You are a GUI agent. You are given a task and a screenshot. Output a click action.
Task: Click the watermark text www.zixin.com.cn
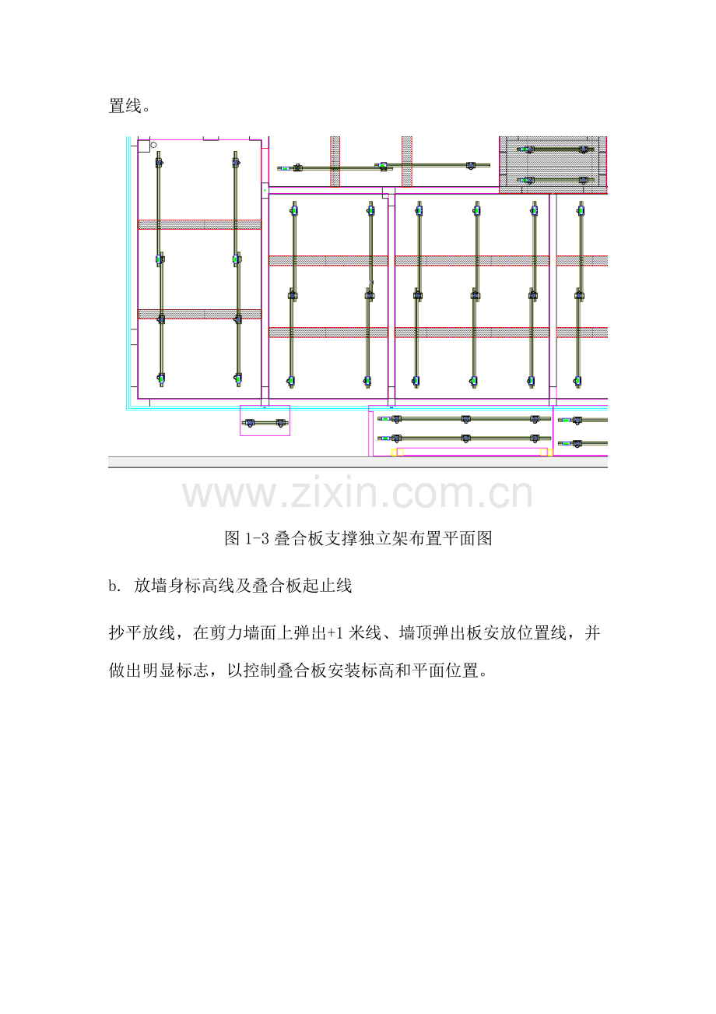pyautogui.click(x=357, y=493)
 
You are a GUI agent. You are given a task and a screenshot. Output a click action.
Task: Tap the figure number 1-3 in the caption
pyautogui.click(x=257, y=539)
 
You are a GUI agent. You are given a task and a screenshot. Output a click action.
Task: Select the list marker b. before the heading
pyautogui.click(x=114, y=586)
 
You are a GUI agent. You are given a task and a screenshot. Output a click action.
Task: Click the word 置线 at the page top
pyautogui.click(x=125, y=107)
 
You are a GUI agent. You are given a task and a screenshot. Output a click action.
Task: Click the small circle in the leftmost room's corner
pyautogui.click(x=154, y=145)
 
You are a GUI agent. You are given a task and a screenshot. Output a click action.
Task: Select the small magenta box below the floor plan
pyautogui.click(x=265, y=421)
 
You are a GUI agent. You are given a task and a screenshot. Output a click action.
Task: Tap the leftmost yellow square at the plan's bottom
pyautogui.click(x=394, y=452)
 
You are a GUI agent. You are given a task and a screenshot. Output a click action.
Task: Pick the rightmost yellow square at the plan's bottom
pyautogui.click(x=550, y=452)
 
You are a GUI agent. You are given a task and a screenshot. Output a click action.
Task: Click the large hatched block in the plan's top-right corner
pyautogui.click(x=553, y=165)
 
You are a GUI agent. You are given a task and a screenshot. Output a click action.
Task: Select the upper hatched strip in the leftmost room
pyautogui.click(x=199, y=224)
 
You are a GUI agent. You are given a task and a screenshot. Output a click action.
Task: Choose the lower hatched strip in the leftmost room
pyautogui.click(x=199, y=314)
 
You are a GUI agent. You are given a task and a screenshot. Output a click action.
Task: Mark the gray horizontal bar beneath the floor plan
pyautogui.click(x=358, y=462)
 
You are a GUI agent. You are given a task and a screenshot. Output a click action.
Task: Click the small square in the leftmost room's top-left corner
pyautogui.click(x=144, y=146)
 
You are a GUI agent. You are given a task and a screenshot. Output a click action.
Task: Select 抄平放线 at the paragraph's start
pyautogui.click(x=142, y=633)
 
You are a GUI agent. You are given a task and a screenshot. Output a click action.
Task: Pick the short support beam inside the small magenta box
pyautogui.click(x=265, y=423)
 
